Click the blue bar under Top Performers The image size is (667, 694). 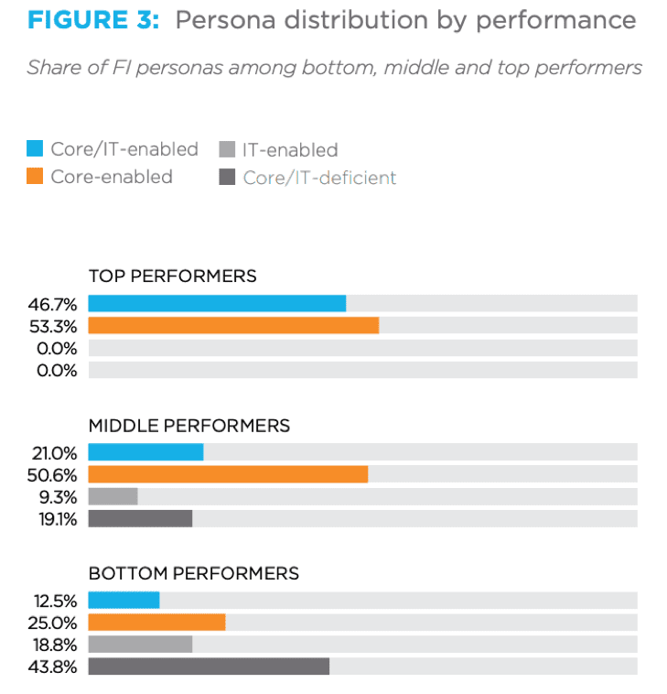(x=217, y=303)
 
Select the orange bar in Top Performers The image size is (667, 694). (x=233, y=325)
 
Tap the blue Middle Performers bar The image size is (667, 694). (x=145, y=451)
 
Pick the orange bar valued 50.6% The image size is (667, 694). (x=228, y=473)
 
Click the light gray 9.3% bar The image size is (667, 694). (x=113, y=496)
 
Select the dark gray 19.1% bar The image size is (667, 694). (x=140, y=518)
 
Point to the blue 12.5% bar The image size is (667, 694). (x=124, y=600)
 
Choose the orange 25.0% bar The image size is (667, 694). (x=156, y=622)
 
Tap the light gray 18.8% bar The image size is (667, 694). (x=140, y=644)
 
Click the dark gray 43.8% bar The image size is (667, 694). (x=209, y=666)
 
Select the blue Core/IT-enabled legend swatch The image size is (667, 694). (x=35, y=149)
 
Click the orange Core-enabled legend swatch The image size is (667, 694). (x=35, y=177)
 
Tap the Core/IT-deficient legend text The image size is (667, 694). (x=319, y=178)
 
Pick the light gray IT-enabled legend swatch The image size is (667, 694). (x=227, y=149)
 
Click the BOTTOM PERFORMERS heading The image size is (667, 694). (x=193, y=574)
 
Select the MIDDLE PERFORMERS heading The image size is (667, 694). (x=188, y=426)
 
